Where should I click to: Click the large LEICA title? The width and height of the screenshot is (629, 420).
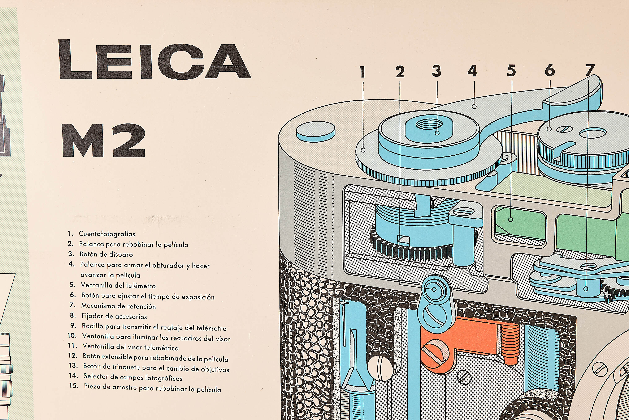click(154, 60)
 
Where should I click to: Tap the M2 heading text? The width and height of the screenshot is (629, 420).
click(104, 141)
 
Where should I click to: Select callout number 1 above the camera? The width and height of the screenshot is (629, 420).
click(363, 72)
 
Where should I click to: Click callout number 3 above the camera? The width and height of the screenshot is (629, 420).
click(437, 71)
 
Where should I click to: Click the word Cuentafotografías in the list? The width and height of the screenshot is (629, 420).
click(107, 234)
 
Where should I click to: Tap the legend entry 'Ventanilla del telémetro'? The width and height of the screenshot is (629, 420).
click(118, 286)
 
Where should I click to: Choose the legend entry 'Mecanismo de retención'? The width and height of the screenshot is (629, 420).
click(118, 306)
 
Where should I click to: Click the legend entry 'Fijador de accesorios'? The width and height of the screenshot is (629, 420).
click(114, 316)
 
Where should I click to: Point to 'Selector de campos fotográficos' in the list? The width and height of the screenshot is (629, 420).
click(133, 377)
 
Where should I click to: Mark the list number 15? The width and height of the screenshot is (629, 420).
click(74, 386)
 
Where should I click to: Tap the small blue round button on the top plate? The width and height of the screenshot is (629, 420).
click(316, 130)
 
